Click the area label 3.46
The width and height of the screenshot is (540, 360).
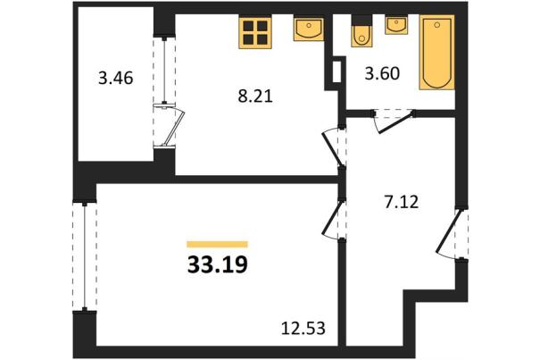coord(116,78)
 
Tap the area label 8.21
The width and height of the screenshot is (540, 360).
coord(255,96)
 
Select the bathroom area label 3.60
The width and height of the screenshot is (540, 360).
coord(382,73)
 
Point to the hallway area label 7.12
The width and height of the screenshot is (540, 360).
coord(402,202)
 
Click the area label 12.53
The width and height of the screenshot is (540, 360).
coord(303,328)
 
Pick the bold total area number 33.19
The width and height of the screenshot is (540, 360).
coord(218,265)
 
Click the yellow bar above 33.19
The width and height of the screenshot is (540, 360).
coord(217,245)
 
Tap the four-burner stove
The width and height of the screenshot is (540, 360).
coord(255,32)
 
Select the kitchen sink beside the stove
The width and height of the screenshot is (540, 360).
coord(309,29)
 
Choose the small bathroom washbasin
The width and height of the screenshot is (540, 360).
coord(396,24)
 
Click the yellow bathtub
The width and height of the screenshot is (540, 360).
coord(436,53)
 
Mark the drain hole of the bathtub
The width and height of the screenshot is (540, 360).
coord(437,24)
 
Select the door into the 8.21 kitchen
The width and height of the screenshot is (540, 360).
coord(335,147)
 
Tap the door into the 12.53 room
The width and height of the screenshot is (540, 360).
coord(334,219)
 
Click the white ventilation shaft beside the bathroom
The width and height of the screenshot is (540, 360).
coord(337,71)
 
